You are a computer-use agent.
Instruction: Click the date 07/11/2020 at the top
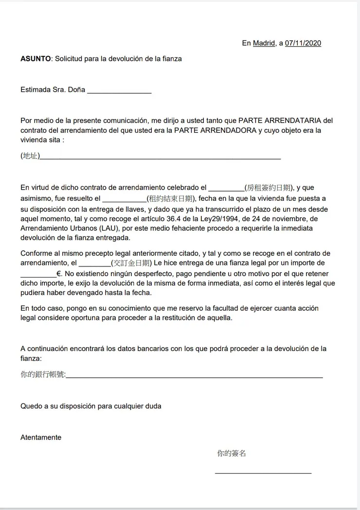coord(303,43)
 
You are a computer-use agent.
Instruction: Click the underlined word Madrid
coord(264,43)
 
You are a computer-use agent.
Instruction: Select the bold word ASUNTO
coord(36,59)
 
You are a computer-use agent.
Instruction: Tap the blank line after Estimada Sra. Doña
coord(119,90)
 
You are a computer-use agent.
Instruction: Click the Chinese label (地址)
coord(30,156)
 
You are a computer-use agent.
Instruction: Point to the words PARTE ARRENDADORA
coord(215,130)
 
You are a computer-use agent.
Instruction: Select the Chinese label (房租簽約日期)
coord(269,188)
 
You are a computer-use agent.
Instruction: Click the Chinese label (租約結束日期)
coord(170,198)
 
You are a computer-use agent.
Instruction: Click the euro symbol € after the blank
coord(59,273)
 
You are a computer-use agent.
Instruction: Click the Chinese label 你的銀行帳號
coord(43,375)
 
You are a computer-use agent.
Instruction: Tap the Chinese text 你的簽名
coord(232,454)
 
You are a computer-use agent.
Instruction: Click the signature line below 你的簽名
coord(263,473)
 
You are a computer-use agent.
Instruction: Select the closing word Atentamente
coord(41,438)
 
